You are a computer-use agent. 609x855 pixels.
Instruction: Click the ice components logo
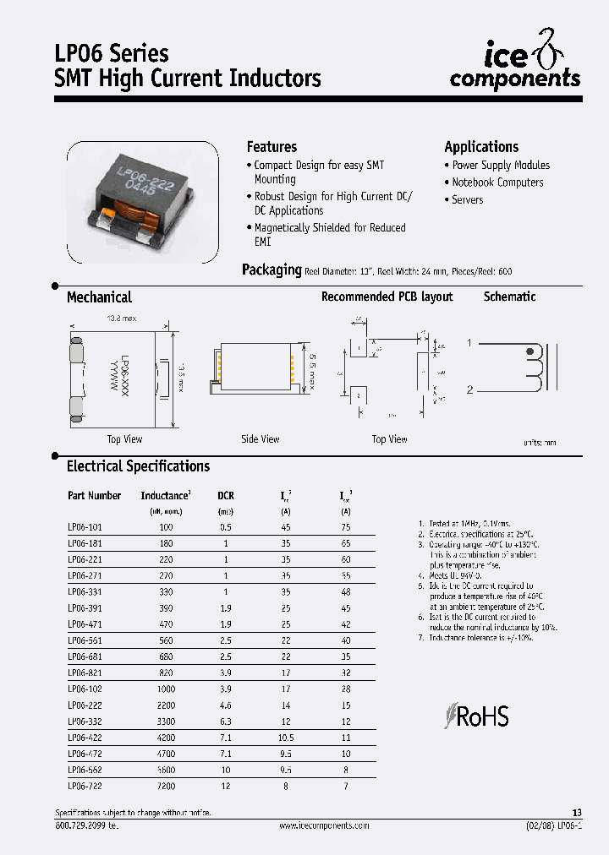515,65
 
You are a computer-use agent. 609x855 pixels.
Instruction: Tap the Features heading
272,146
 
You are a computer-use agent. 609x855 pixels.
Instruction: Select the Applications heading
481,146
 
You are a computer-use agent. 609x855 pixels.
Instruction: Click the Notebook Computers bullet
497,182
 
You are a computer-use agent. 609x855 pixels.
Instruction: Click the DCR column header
226,495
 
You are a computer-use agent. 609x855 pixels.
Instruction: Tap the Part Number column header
94,495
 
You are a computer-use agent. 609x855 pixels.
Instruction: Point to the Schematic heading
509,297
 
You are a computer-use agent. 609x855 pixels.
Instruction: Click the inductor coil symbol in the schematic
533,368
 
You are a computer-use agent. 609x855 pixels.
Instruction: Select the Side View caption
260,438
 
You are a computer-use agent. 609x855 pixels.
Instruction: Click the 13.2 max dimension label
122,319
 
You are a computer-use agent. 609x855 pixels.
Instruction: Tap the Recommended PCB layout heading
387,297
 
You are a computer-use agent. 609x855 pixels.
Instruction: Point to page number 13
577,812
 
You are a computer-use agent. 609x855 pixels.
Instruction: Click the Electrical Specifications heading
138,466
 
